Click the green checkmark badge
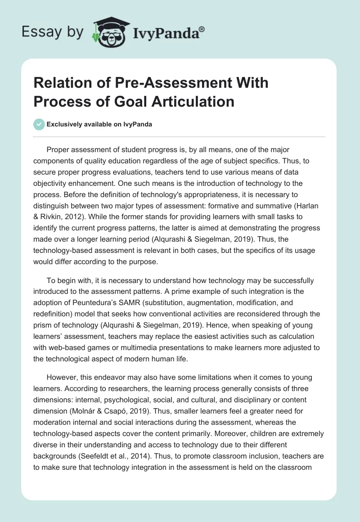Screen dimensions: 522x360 39,124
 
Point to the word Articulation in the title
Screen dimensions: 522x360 195,101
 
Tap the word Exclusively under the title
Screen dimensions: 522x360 67,124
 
